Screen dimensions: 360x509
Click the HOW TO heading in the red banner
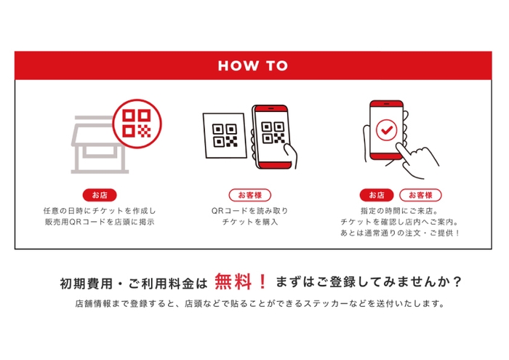[254, 65]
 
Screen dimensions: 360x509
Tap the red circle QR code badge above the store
[136, 119]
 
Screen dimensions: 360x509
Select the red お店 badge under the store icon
[99, 195]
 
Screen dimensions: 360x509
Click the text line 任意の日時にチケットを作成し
[99, 210]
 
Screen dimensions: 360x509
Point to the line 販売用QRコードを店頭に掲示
[99, 222]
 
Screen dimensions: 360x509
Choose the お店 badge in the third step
[376, 195]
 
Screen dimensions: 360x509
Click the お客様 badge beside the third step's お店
[420, 195]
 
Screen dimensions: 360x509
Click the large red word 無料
[233, 281]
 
